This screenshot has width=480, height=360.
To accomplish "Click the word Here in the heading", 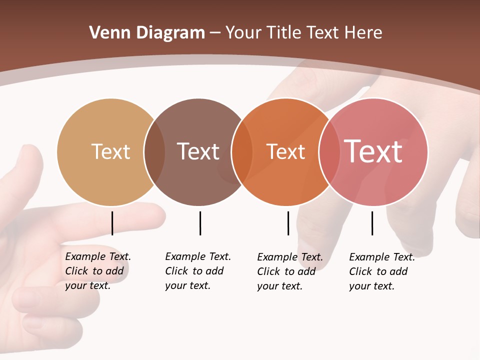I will [x=363, y=33].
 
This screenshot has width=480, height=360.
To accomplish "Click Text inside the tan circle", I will [x=110, y=151].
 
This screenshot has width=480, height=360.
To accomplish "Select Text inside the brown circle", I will [x=198, y=151].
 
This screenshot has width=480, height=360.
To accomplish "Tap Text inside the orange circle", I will [x=285, y=151].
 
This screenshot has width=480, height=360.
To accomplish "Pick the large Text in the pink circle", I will [x=373, y=151].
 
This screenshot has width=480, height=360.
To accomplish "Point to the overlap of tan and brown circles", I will [x=154, y=152].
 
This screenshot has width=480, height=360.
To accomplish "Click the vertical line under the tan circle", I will [x=112, y=223].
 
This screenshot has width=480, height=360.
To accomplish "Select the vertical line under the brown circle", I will [x=200, y=223].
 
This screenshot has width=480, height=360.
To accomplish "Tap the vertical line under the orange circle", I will [x=288, y=223].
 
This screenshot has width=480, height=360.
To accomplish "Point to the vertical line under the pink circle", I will [x=372, y=223].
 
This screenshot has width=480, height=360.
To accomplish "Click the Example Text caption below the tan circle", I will [x=97, y=271].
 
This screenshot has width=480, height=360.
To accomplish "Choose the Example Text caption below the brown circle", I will [x=197, y=271].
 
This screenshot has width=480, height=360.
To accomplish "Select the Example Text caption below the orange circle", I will [x=289, y=271].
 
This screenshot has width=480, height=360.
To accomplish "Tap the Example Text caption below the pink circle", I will [x=381, y=271].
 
